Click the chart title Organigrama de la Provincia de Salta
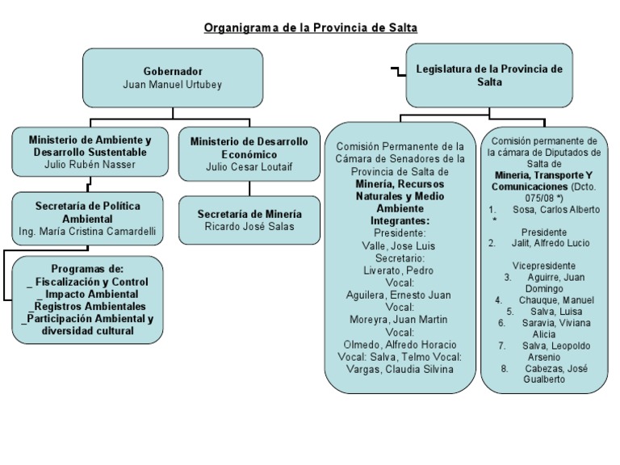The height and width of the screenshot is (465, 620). pos(310,27)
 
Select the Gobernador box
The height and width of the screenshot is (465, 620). pos(173,77)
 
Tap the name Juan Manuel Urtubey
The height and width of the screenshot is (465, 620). pos(173,85)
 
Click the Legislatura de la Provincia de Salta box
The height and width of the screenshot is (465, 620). pos(489,75)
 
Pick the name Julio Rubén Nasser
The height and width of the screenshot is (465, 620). pos(90,165)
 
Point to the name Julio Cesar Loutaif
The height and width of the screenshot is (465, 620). pos(249,167)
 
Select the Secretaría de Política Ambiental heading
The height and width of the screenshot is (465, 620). pos(87,212)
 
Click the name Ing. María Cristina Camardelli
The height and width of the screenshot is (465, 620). pos(87,232)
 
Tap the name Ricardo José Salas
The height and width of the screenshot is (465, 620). pos(249,227)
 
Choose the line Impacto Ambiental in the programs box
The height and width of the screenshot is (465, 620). pos(88,294)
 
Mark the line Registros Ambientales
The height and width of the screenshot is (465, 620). pos(87,307)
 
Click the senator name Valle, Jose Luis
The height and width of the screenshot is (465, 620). pos(399,246)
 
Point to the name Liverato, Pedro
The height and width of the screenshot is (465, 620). pos(399,270)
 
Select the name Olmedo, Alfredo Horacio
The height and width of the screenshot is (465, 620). pos(400,345)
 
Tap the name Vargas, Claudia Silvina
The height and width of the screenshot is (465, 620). pos(400,369)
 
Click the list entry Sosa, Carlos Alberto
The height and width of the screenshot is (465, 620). pos(556,210)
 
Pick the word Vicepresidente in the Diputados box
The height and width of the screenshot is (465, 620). pos(543,266)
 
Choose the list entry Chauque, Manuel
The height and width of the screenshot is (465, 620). pos(556,300)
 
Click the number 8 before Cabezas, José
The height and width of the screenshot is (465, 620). pos(504,369)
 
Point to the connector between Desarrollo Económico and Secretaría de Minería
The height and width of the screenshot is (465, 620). pos(249,189)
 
